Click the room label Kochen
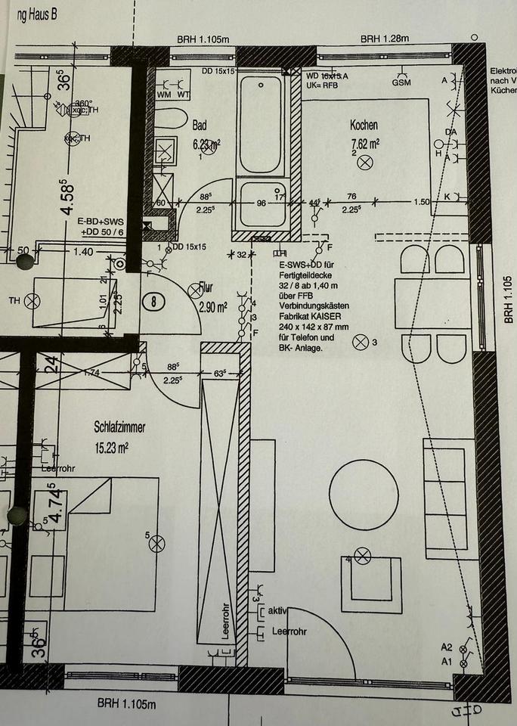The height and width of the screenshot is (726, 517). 364,126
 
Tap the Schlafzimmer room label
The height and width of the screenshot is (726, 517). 120,427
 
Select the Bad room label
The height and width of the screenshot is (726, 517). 200,125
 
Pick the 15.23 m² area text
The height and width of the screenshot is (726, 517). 113,447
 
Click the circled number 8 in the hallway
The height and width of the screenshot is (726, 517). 155,300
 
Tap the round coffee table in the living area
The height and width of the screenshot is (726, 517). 364,496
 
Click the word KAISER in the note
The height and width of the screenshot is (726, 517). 336,317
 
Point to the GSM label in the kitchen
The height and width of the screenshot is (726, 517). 401,82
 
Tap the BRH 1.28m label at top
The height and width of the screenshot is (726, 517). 384,39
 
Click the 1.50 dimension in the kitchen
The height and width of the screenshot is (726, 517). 423,202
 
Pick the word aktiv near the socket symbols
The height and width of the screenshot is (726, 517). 279,610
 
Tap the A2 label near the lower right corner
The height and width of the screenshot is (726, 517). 447,647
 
